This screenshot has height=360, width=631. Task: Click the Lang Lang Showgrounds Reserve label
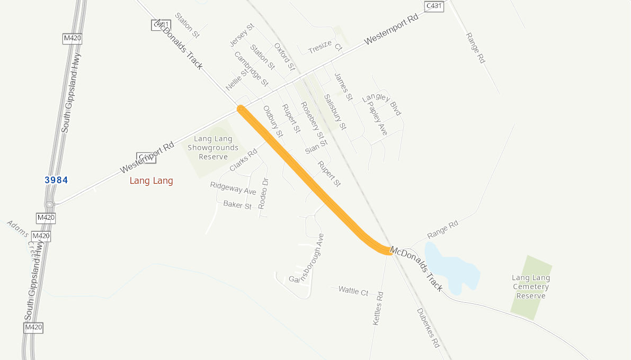pos(213,148)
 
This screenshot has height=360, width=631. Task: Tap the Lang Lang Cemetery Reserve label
pos(530,286)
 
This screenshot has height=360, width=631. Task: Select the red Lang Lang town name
pos(152,181)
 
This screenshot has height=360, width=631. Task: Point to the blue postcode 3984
pos(56,180)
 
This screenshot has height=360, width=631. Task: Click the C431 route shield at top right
pos(434,5)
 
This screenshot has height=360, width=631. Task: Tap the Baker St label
pos(237,204)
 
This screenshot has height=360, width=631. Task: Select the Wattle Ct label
pos(353,291)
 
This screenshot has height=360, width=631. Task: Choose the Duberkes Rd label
pos(428,328)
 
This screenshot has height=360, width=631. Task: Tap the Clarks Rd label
pos(243,160)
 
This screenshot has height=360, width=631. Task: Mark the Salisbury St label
pos(335,112)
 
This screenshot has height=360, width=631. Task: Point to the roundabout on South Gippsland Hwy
pos(49,204)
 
